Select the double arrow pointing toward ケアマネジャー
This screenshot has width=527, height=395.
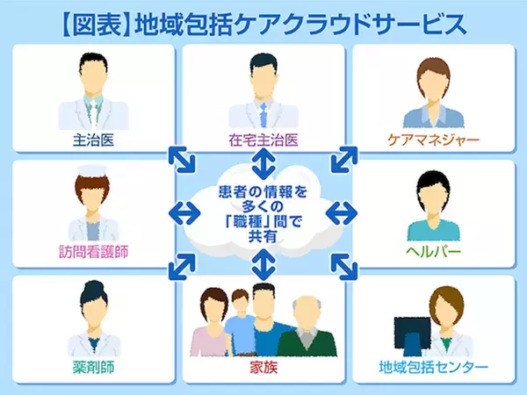pos(343,161)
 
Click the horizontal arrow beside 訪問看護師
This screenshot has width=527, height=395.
pos(182,212)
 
